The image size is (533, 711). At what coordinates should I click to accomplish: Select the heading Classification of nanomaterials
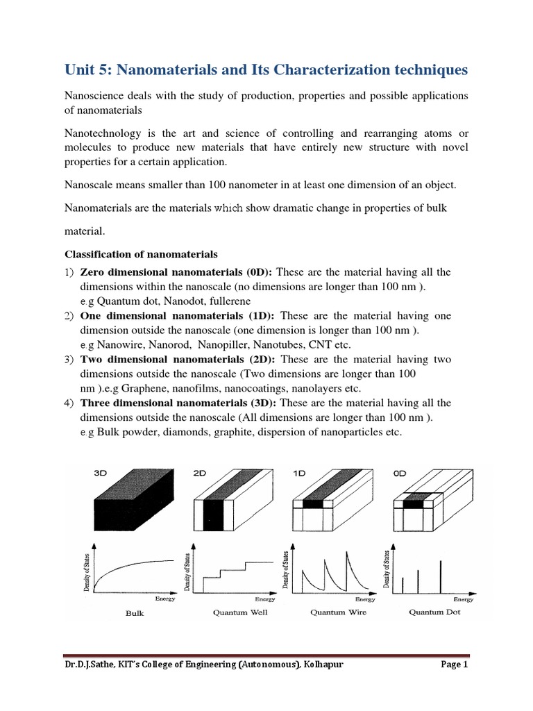pyautogui.click(x=141, y=253)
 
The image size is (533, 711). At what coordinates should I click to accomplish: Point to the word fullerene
pyautogui.click(x=225, y=301)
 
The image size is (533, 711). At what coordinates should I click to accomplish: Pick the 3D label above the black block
pyautogui.click(x=101, y=473)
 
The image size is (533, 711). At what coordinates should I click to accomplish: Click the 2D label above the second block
pyautogui.click(x=200, y=473)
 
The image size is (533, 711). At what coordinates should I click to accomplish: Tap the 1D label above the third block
pyautogui.click(x=299, y=473)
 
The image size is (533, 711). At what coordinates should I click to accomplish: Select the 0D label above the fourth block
pyautogui.click(x=400, y=473)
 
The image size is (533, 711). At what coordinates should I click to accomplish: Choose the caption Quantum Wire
pyautogui.click(x=338, y=612)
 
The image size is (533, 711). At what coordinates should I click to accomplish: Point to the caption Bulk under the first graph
pyautogui.click(x=135, y=613)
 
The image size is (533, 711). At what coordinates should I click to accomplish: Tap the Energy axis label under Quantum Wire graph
pyautogui.click(x=365, y=599)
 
